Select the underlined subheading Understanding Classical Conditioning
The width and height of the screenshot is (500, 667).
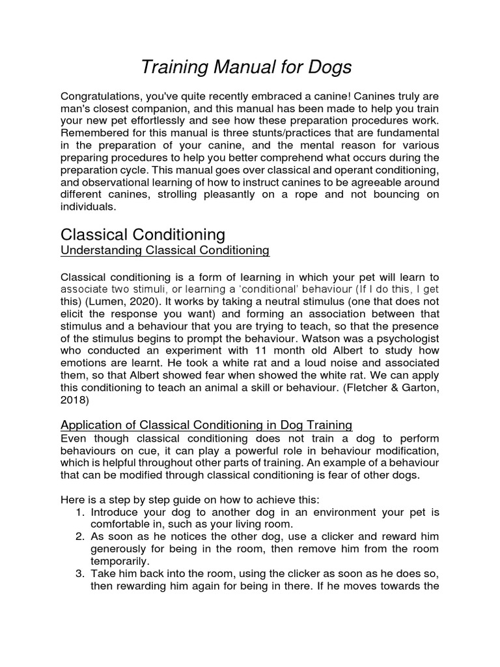(x=164, y=250)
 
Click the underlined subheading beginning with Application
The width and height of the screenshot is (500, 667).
(x=206, y=425)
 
